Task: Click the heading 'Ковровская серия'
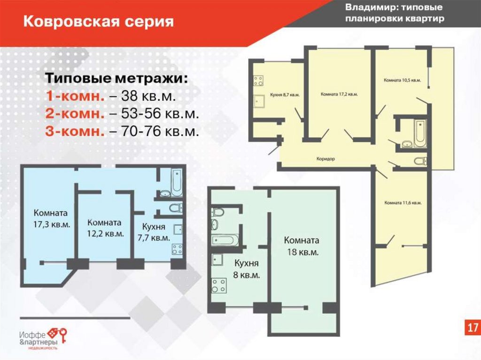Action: click(x=99, y=22)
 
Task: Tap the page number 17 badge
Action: click(x=473, y=327)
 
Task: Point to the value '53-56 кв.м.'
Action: click(x=160, y=114)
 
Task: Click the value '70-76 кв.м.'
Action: click(x=160, y=131)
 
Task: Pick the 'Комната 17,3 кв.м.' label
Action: click(x=51, y=218)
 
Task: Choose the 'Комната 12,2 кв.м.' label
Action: click(x=105, y=228)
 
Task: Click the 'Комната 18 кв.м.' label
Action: click(x=302, y=246)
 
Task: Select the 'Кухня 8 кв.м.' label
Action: click(x=246, y=268)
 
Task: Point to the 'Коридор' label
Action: click(x=326, y=159)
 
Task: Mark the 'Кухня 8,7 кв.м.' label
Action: click(x=285, y=95)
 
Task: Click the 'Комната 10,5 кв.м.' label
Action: click(x=402, y=80)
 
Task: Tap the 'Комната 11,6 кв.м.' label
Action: click(x=403, y=203)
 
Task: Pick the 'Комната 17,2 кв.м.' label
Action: click(x=339, y=94)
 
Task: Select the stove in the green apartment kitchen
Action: click(x=219, y=285)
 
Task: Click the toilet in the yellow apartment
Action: click(x=420, y=161)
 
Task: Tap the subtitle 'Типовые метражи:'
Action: click(x=116, y=78)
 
